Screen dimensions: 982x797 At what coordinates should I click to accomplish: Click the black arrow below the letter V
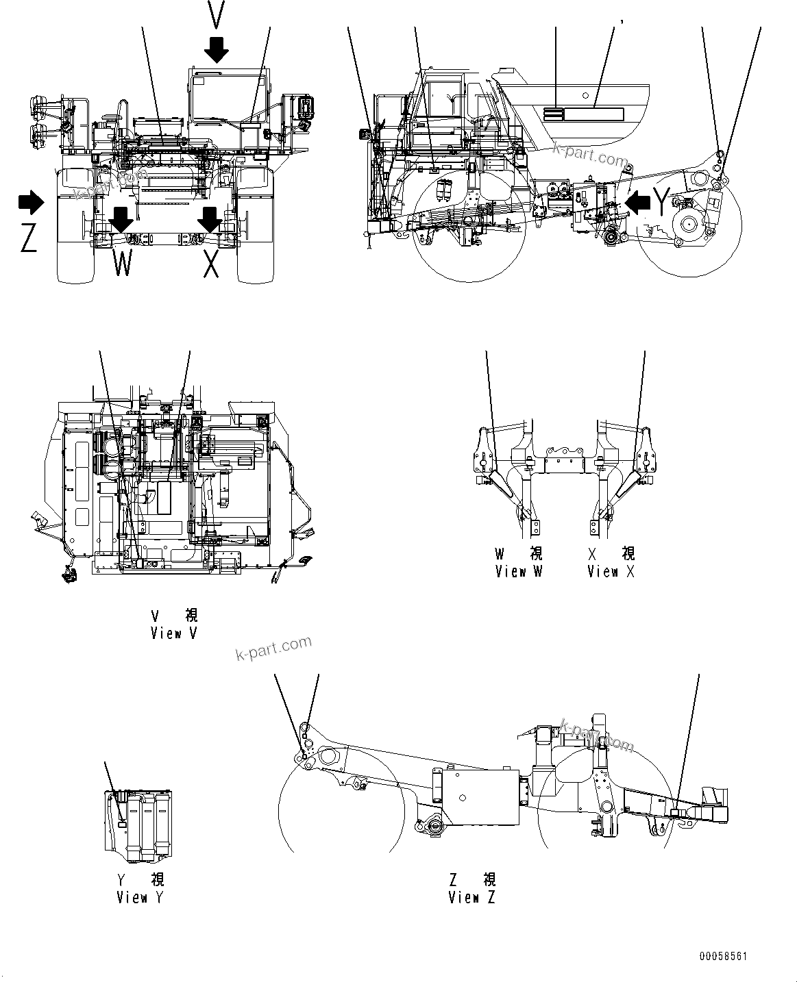tap(217, 49)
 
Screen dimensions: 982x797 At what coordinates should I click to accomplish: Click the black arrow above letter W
tap(122, 219)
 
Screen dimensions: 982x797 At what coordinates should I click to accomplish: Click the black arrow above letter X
tap(210, 219)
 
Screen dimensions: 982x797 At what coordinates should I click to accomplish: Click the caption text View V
tap(174, 633)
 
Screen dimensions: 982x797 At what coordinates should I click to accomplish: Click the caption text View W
tap(519, 571)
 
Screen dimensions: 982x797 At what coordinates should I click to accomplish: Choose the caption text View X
tap(611, 571)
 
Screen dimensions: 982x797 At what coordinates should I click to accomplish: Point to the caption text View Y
tap(140, 896)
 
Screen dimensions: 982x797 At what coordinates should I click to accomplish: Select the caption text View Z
tap(471, 896)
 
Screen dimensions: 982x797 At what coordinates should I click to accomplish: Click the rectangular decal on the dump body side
tap(593, 114)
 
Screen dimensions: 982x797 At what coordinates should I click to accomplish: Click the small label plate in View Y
tap(122, 825)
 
